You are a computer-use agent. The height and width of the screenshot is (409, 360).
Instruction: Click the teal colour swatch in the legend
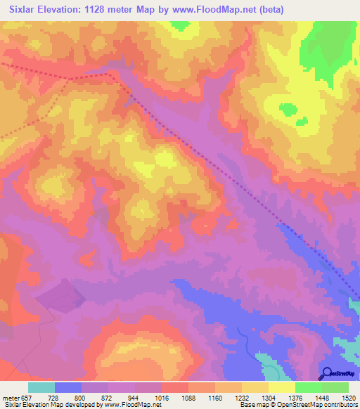pyautogui.click(x=41, y=387)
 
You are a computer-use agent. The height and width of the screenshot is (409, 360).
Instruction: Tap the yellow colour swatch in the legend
pyautogui.click(x=282, y=387)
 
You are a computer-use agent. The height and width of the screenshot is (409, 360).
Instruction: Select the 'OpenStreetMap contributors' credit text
pyautogui.click(x=319, y=405)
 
